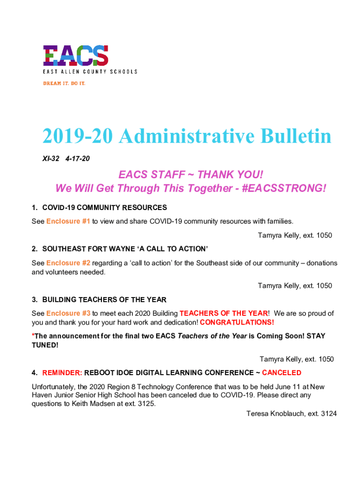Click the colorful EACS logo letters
[x=76, y=55]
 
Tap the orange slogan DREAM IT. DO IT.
[x=64, y=83]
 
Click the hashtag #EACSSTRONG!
[x=282, y=188]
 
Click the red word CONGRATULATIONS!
[x=237, y=322]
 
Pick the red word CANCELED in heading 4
[x=281, y=373]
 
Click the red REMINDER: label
[x=62, y=373]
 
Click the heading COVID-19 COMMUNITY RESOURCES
[x=104, y=207]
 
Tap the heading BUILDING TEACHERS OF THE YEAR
[x=104, y=299]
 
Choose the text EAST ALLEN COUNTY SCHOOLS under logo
[x=90, y=72]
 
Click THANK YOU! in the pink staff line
[x=230, y=175]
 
